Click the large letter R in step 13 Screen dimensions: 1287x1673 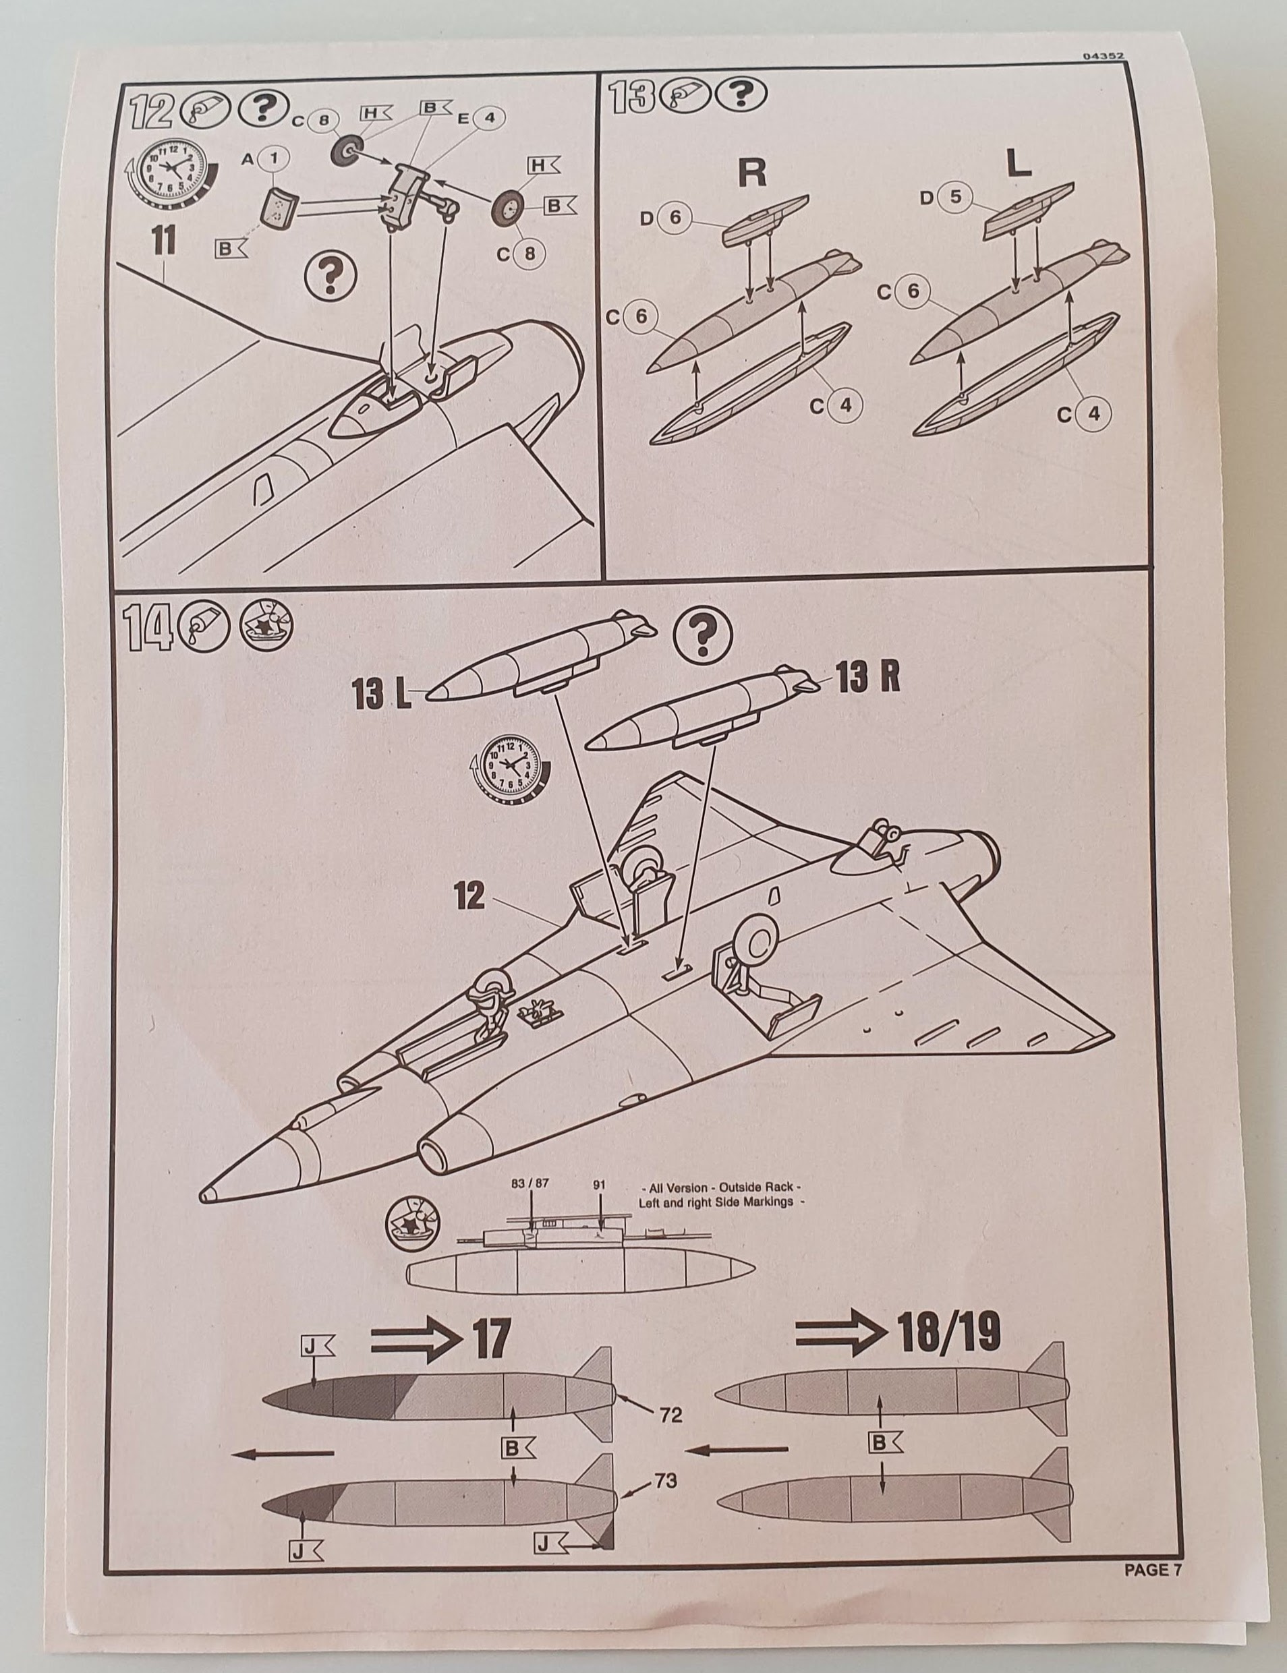752,174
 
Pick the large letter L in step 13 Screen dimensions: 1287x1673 1018,163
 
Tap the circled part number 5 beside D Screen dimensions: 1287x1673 954,198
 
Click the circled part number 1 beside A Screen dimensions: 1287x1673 275,160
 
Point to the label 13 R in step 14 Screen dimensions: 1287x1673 867,677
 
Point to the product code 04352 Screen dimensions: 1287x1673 1105,55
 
